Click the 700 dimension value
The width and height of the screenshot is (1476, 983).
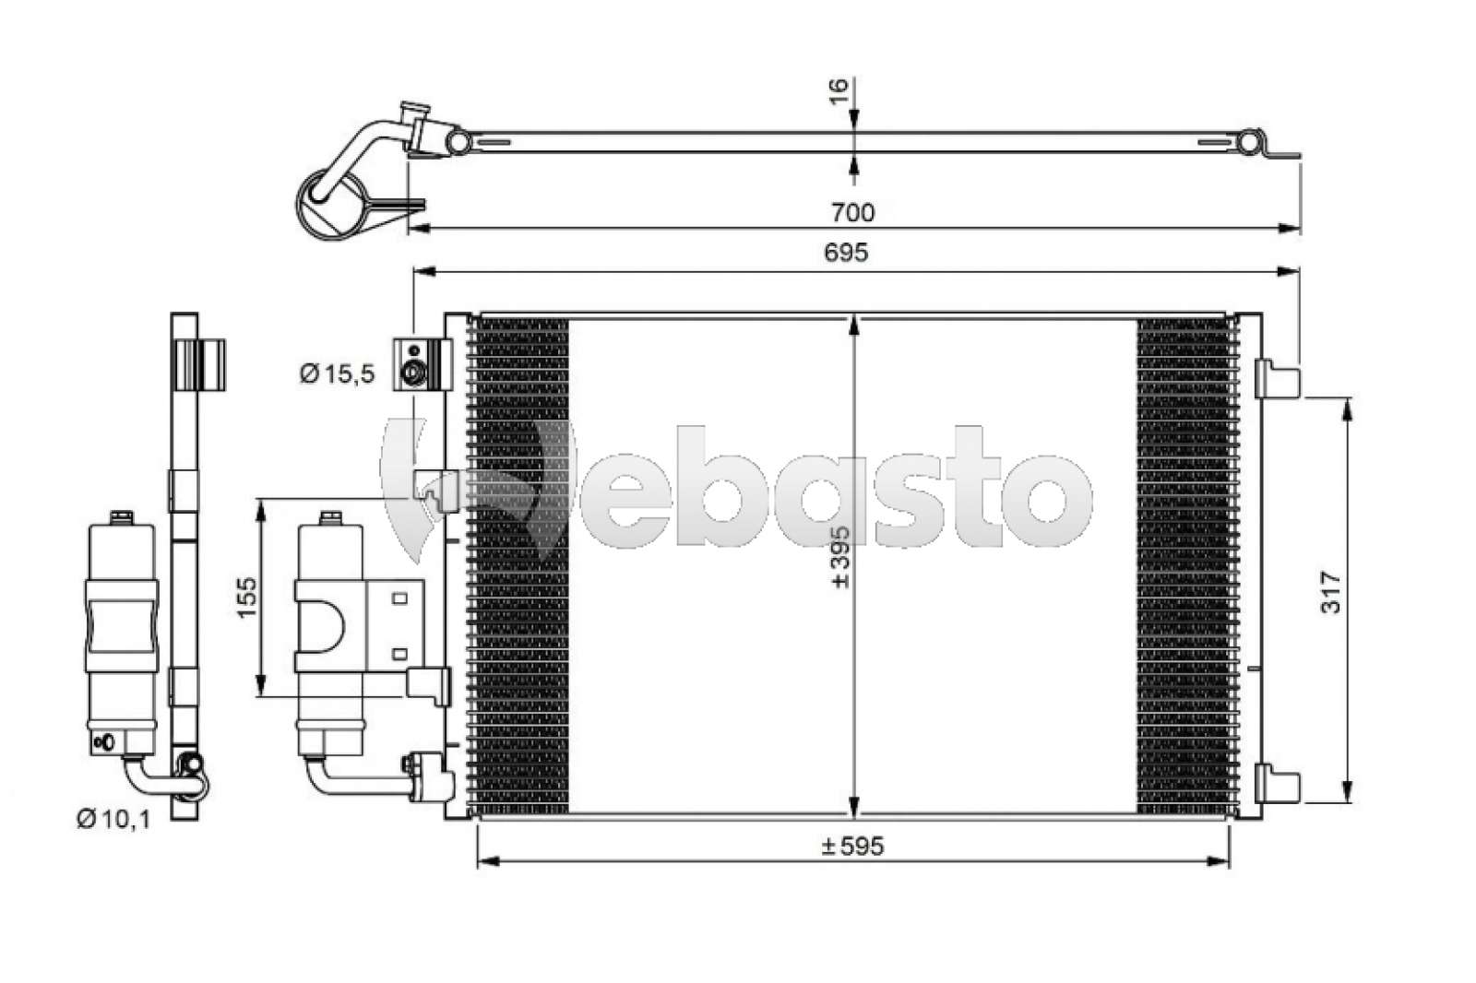852,212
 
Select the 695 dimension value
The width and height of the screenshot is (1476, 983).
846,253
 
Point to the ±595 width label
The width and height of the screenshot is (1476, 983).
852,846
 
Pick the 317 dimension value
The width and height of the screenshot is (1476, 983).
1330,593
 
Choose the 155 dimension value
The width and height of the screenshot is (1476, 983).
246,597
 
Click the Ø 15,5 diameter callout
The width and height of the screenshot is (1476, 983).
338,374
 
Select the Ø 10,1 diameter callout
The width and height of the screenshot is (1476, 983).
113,819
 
